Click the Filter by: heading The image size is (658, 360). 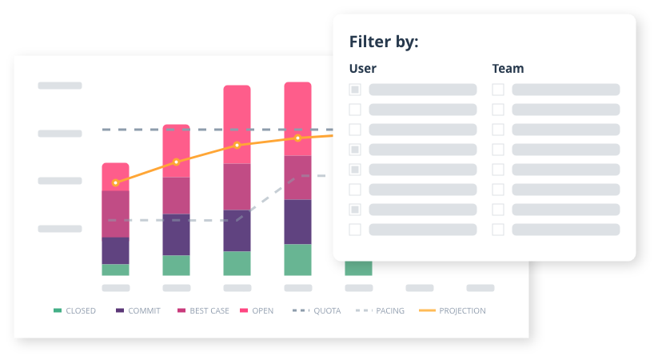click(x=384, y=42)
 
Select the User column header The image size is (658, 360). click(x=363, y=69)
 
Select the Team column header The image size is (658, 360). click(x=508, y=69)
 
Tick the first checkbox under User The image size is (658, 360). click(x=355, y=90)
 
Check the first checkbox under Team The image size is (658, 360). click(x=498, y=90)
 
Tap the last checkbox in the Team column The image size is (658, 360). click(x=498, y=230)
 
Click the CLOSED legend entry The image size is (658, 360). click(x=75, y=310)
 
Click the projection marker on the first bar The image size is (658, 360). click(x=115, y=183)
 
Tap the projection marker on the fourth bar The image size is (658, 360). click(x=297, y=138)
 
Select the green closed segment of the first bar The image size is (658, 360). click(x=115, y=270)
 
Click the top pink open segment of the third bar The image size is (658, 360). click(x=237, y=124)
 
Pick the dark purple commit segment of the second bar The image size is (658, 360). click(x=176, y=234)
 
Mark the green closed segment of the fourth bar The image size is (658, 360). click(x=297, y=260)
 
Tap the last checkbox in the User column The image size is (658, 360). click(x=355, y=230)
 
